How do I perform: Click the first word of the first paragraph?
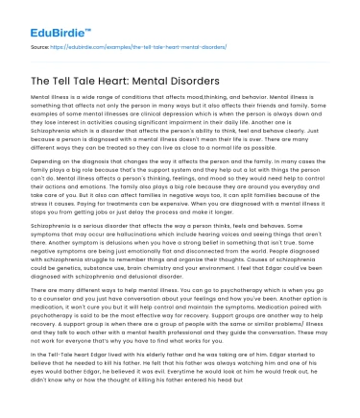pos(41,99)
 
